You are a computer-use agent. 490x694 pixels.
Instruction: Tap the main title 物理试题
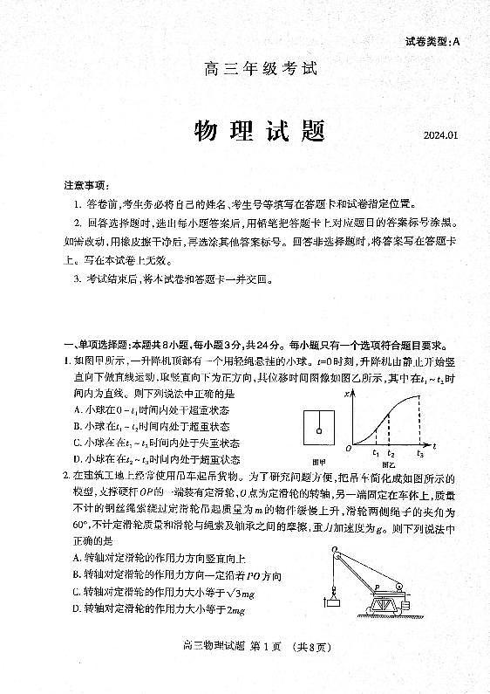point(259,132)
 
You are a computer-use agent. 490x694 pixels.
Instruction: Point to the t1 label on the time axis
point(375,453)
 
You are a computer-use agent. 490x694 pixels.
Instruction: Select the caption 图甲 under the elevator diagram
point(318,460)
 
